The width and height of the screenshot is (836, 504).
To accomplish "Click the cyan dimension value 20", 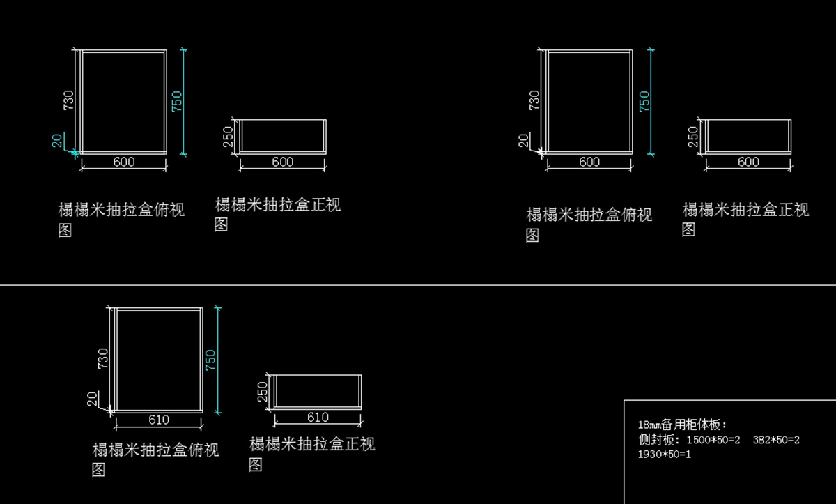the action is tap(56, 141).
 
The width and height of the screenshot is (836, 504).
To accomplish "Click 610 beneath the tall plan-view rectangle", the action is tap(159, 420).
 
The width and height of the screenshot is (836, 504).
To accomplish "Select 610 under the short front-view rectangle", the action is tap(318, 417).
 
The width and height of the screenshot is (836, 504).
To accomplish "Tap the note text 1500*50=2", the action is tap(713, 440).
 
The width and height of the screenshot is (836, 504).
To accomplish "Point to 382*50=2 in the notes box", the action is tap(776, 440).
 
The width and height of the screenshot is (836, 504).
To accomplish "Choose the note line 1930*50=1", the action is tap(665, 455).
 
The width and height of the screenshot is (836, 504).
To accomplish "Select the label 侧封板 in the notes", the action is tap(656, 439).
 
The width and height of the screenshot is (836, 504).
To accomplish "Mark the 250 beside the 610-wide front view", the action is tap(263, 392).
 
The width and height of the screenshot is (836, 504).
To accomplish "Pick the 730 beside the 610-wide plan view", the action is tap(103, 359).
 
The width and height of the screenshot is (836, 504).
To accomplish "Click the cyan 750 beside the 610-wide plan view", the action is tap(210, 360).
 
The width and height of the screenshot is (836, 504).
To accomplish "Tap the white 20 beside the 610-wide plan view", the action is tap(92, 399).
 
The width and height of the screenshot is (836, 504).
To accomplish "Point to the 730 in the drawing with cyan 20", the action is tap(69, 100).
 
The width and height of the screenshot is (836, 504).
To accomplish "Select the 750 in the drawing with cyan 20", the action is tap(176, 102).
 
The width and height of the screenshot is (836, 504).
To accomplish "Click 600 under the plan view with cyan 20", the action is tap(124, 162).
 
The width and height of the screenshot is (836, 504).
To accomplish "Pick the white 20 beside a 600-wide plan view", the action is tap(524, 141).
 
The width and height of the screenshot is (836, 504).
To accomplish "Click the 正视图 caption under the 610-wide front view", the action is tap(312, 455).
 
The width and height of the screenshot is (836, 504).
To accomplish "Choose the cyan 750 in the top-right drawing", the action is tap(644, 102).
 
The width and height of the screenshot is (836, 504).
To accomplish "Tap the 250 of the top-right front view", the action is tap(693, 137).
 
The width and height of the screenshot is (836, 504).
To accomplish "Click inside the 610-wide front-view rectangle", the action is tap(318, 391).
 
